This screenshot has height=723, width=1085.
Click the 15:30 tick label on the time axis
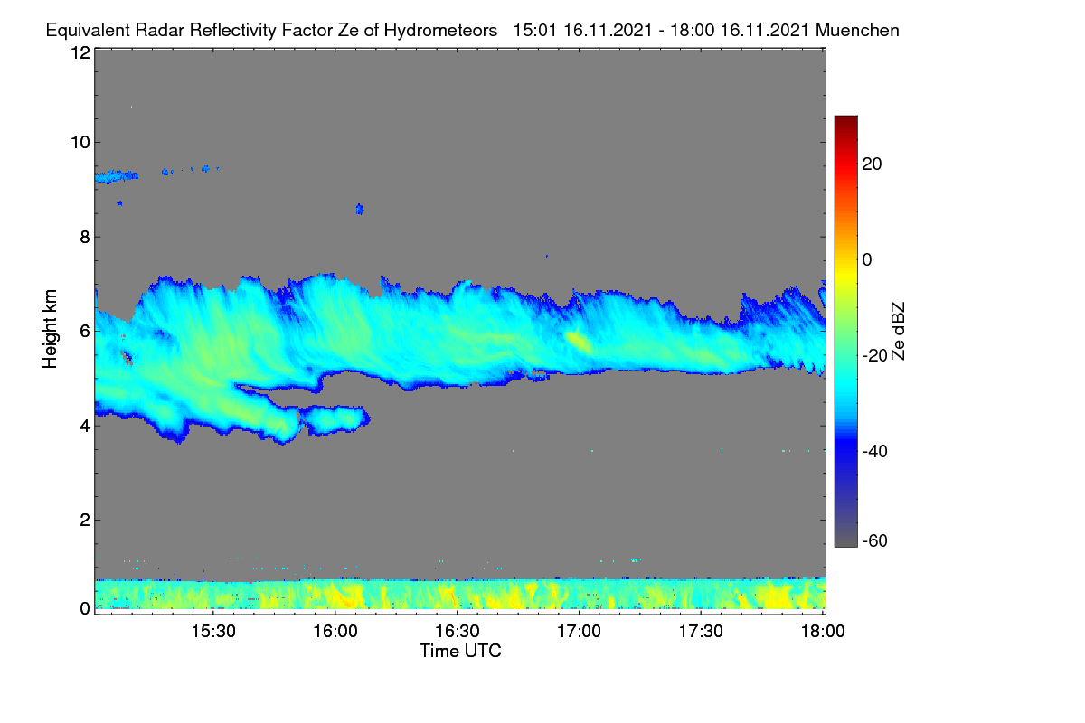(x=213, y=632)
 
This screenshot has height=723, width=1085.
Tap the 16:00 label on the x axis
(x=335, y=632)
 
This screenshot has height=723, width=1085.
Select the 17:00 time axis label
(x=579, y=632)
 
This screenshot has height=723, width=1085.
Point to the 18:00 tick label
(x=823, y=632)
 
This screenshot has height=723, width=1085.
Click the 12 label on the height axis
(x=80, y=52)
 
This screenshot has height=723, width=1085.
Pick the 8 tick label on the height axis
(x=85, y=238)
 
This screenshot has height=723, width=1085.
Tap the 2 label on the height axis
(x=85, y=520)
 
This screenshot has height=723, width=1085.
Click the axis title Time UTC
(x=460, y=651)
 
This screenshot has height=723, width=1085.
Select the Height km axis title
(x=50, y=329)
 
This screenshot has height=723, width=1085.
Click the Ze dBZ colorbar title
(x=898, y=332)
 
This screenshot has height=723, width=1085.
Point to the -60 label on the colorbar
(x=875, y=541)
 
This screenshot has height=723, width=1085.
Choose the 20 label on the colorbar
(x=872, y=164)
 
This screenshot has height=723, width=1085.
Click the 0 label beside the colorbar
(x=867, y=260)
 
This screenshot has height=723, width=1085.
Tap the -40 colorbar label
(x=875, y=451)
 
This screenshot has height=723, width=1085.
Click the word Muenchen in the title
(x=857, y=31)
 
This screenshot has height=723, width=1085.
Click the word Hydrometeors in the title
(x=440, y=31)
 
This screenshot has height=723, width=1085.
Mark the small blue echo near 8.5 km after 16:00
(x=360, y=209)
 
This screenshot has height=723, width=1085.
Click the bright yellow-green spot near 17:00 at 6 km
(x=579, y=342)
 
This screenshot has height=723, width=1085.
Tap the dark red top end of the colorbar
(x=845, y=118)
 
